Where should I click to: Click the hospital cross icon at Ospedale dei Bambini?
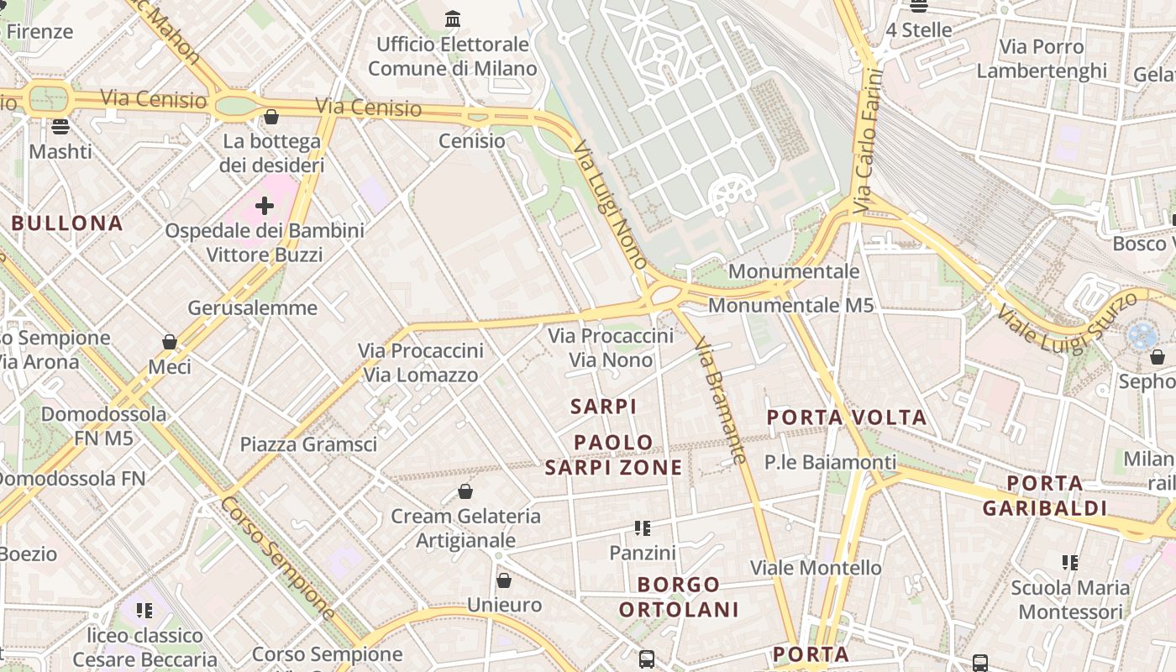(x=265, y=205)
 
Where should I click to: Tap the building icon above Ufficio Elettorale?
(x=453, y=18)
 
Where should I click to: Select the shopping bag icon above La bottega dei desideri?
(x=270, y=117)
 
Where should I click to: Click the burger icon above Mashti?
(x=60, y=127)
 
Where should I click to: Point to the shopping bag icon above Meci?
(x=170, y=342)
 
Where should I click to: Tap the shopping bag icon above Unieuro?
(x=504, y=580)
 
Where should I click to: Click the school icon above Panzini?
(x=643, y=528)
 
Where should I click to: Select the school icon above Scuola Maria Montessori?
(x=1069, y=563)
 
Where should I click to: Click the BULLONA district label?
(x=67, y=223)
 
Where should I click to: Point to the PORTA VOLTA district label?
(x=847, y=417)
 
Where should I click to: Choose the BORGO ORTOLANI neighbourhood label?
(x=679, y=597)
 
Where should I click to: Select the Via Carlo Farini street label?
(x=869, y=141)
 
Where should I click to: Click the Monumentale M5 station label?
(x=790, y=305)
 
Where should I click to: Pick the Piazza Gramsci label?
(x=308, y=444)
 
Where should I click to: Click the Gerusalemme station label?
(x=252, y=308)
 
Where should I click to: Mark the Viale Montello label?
(x=816, y=568)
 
